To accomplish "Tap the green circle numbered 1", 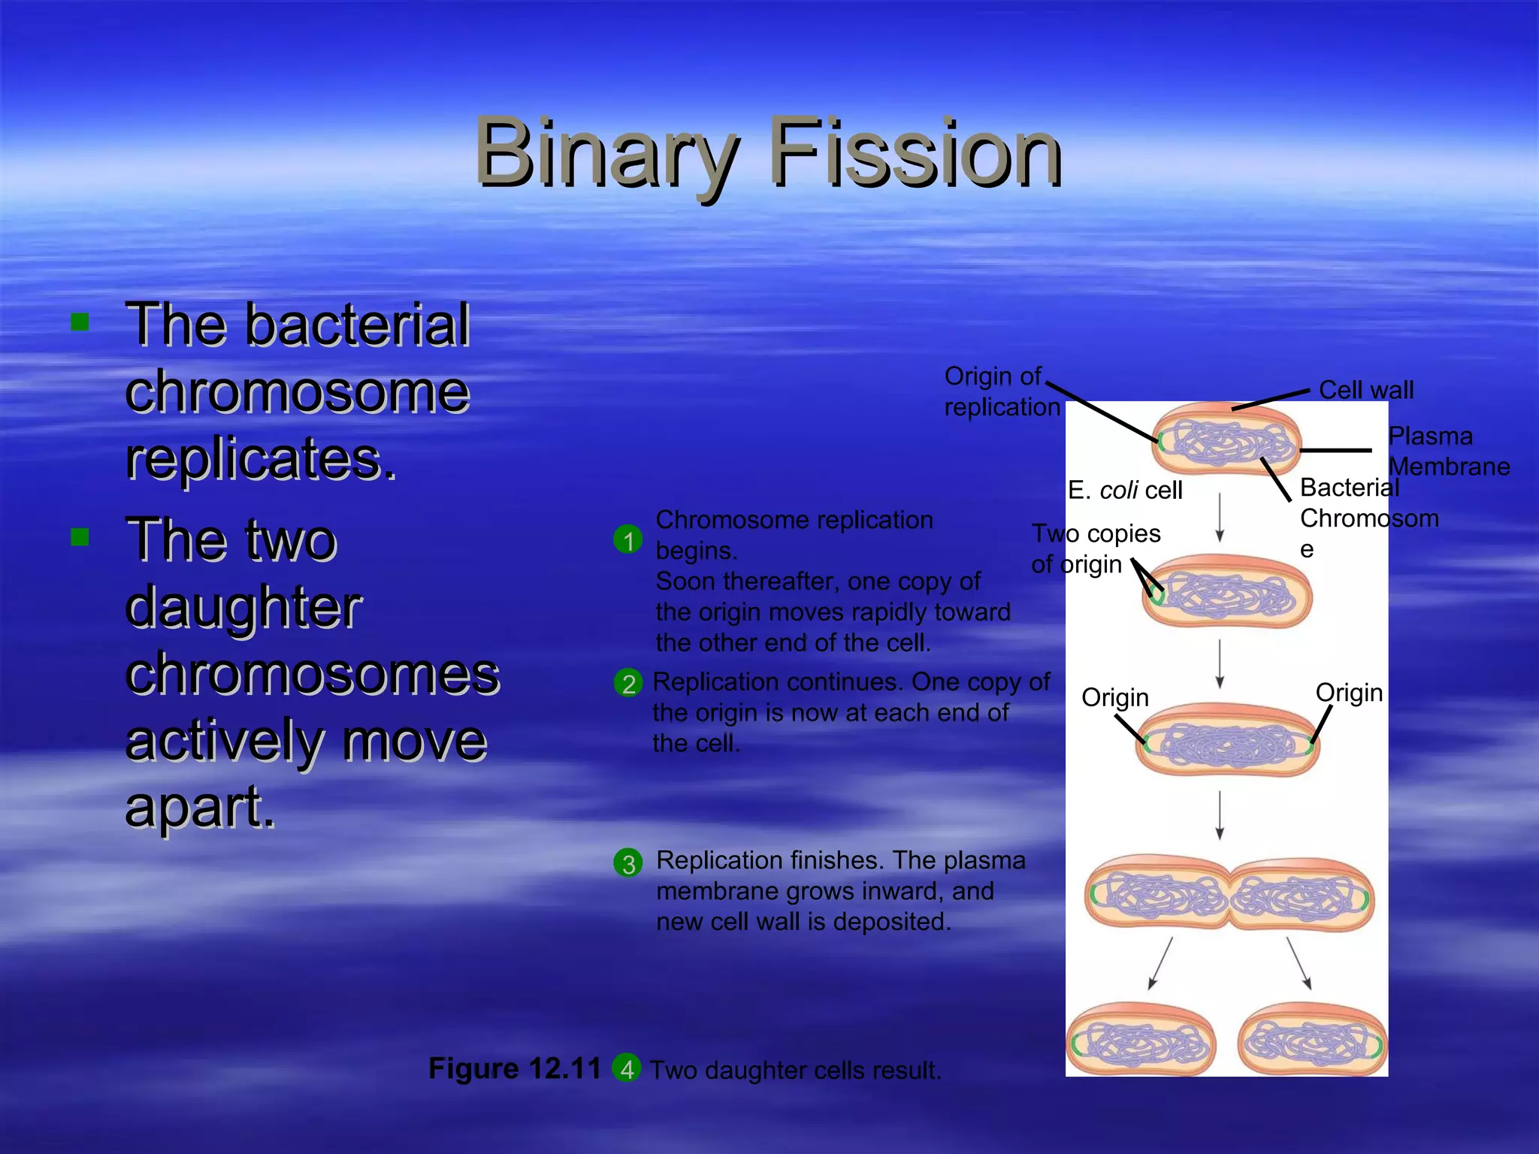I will [x=628, y=539].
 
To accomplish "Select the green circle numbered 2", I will [x=628, y=683].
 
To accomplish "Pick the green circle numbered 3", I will [x=628, y=863].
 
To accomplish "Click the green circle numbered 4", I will [x=627, y=1068].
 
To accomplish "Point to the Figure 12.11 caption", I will [x=515, y=1068].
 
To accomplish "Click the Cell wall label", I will [x=1365, y=390].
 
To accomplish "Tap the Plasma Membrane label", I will [x=1447, y=451].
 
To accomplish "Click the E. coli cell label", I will [x=1125, y=490].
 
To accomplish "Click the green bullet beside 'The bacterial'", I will [x=80, y=323].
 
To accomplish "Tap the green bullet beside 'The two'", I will [x=80, y=536].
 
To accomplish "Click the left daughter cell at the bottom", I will [x=1141, y=1040].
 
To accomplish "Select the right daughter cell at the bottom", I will [x=1312, y=1040].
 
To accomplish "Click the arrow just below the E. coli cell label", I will [x=1220, y=517].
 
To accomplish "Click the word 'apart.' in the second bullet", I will [x=200, y=807].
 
